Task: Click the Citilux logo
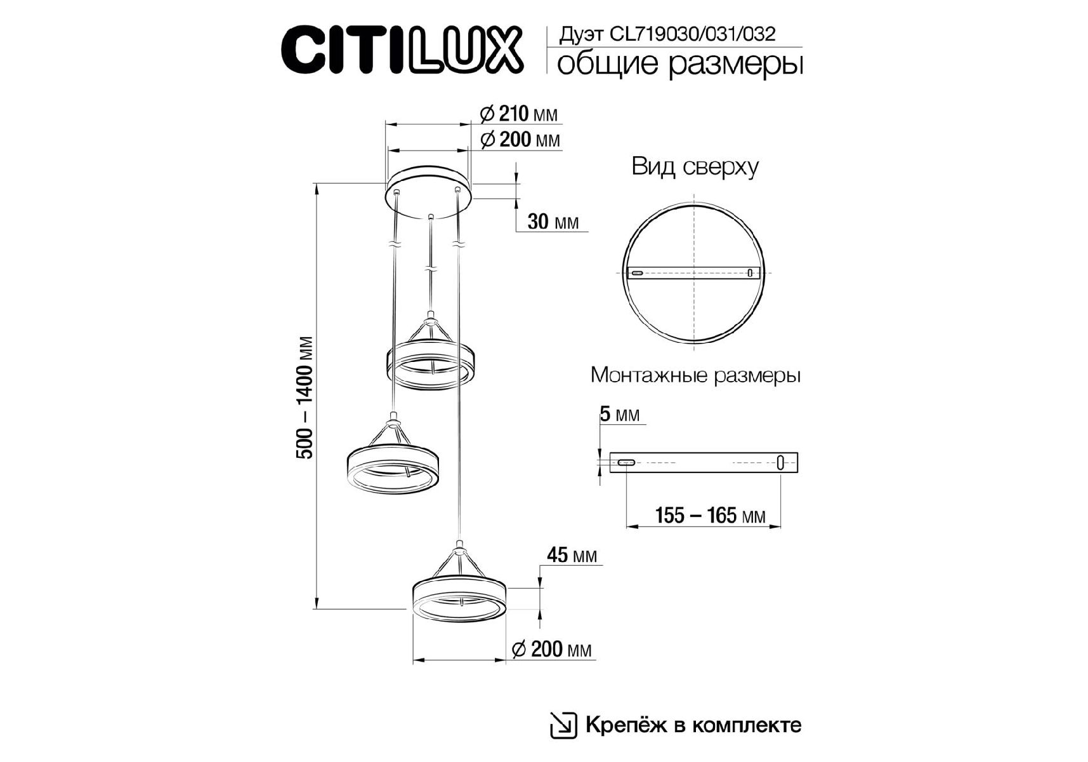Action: [402, 50]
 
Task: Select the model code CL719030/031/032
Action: [692, 34]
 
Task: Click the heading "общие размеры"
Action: [679, 65]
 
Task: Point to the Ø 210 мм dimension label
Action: [519, 114]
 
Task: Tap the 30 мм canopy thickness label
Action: [553, 222]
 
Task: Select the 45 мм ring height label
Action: [572, 555]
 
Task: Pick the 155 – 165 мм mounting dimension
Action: [710, 515]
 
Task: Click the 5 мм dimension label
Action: [620, 415]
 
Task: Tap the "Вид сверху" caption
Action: [695, 167]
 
